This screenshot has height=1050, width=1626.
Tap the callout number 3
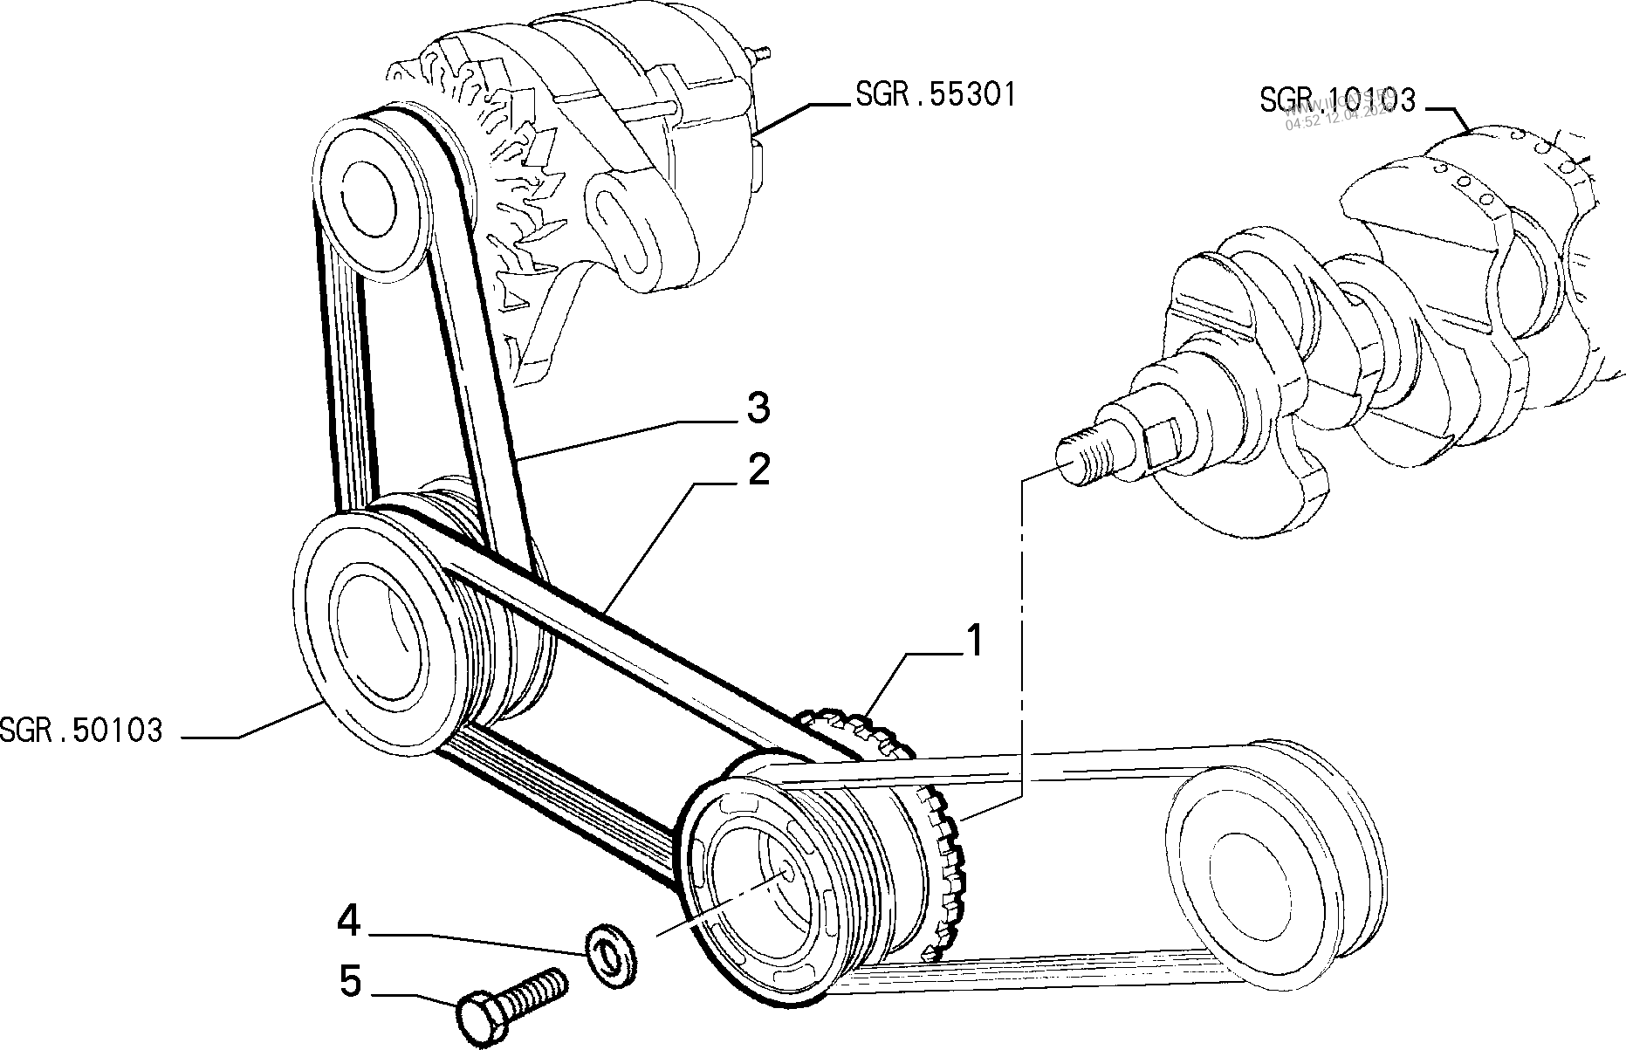[758, 408]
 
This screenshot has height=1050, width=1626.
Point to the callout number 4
[349, 922]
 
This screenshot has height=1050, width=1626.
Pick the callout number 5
[349, 982]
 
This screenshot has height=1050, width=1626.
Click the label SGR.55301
[936, 94]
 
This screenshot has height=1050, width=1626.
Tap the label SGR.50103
[82, 730]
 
